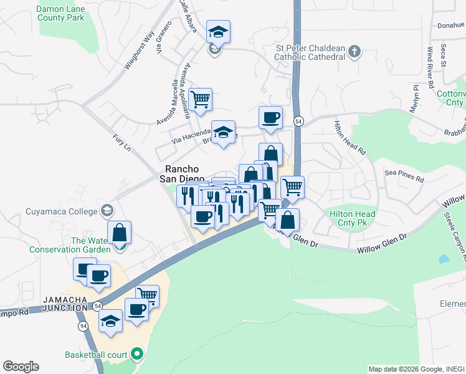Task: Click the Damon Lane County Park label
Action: [x=60, y=14]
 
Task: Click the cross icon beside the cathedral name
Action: [x=354, y=52]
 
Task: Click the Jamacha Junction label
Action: [x=65, y=304]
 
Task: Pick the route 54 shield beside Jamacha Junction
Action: [x=98, y=306]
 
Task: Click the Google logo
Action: [x=21, y=366]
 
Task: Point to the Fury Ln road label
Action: [x=122, y=143]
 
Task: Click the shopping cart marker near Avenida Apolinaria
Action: [x=201, y=99]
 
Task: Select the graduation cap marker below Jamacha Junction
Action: [x=110, y=321]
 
